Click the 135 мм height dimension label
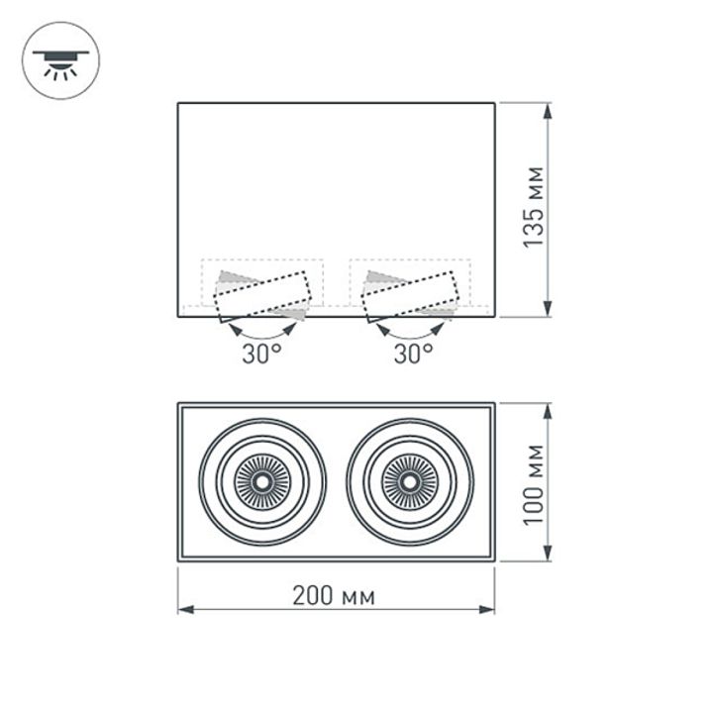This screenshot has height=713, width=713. click(x=534, y=210)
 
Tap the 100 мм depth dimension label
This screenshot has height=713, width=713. click(x=534, y=483)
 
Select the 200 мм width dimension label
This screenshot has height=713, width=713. click(x=334, y=595)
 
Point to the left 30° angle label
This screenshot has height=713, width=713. click(x=261, y=354)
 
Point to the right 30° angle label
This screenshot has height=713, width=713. click(x=413, y=354)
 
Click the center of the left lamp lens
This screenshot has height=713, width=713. click(x=262, y=482)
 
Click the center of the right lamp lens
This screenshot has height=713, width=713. click(x=408, y=482)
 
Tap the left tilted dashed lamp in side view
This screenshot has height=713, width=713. click(x=264, y=296)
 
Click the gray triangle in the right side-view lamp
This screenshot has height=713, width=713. click(x=377, y=277)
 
